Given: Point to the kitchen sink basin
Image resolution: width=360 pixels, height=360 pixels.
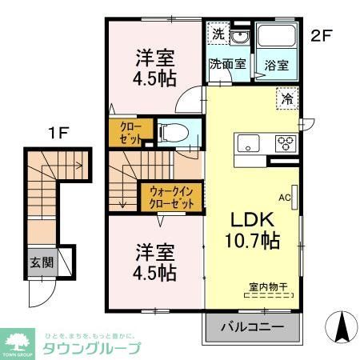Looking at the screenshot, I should click(x=246, y=144).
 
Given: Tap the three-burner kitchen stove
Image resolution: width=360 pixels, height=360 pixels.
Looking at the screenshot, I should click(x=286, y=144).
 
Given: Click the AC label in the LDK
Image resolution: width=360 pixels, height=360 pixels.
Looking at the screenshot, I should click(x=284, y=196).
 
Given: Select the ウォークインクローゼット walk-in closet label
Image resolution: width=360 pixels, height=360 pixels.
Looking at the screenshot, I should click(x=172, y=198).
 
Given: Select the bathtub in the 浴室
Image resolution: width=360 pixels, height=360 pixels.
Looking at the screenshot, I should click(x=276, y=40).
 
